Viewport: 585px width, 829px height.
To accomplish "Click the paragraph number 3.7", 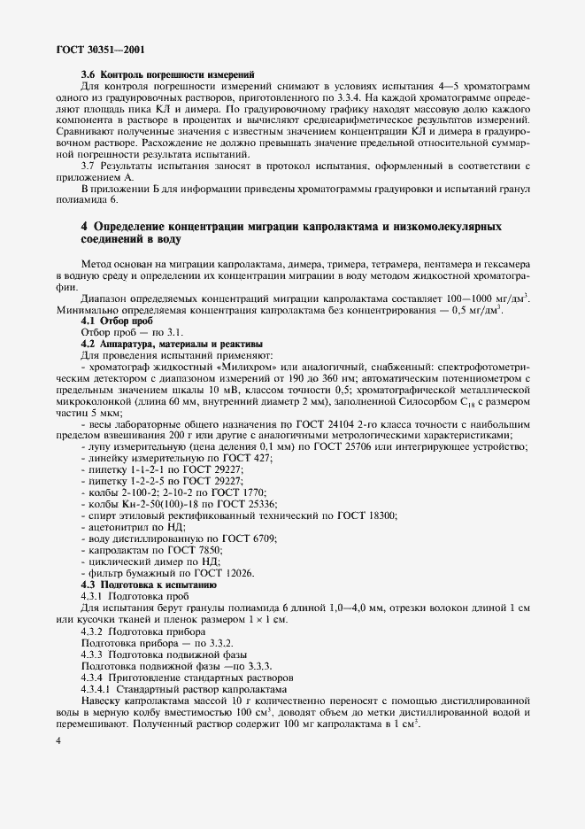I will (89, 166).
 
